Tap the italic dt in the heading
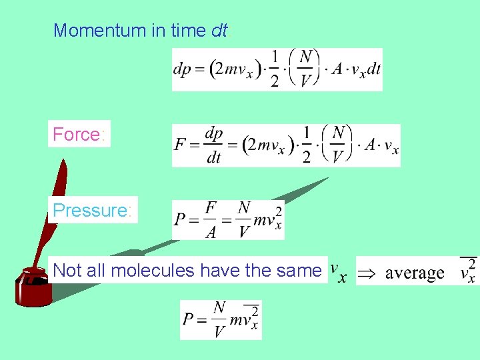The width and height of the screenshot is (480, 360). (x=219, y=30)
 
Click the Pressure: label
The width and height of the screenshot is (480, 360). (x=92, y=210)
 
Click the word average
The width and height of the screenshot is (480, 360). (x=415, y=273)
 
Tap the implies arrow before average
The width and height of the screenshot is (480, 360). (x=367, y=273)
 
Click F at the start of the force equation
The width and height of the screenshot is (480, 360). (x=179, y=145)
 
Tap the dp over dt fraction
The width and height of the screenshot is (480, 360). (x=213, y=145)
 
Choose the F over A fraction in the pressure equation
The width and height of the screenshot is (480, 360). (x=210, y=219)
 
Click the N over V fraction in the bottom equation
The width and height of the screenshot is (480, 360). (x=219, y=319)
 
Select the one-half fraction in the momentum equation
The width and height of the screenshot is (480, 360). (x=274, y=69)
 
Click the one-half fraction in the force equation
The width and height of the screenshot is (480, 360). (x=307, y=145)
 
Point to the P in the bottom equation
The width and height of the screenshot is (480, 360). (x=189, y=320)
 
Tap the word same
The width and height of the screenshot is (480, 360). (x=301, y=270)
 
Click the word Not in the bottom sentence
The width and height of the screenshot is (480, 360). (x=65, y=270)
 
